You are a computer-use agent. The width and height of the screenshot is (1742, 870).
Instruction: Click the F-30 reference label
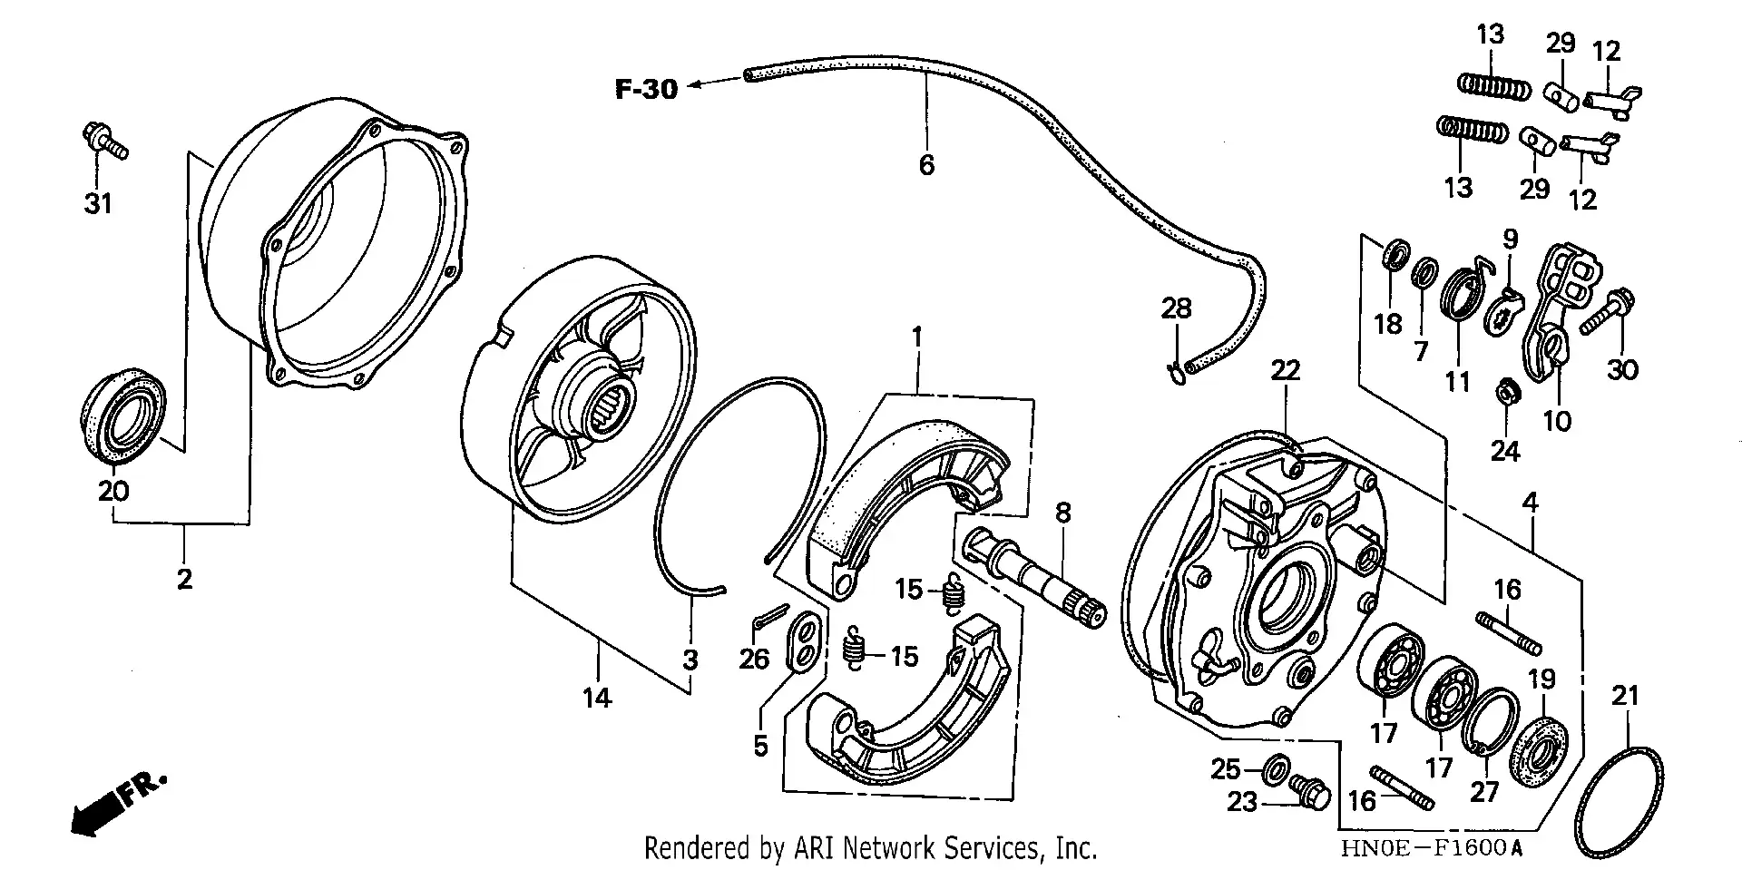646,89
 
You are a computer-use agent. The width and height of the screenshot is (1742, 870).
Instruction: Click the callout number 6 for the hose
926,165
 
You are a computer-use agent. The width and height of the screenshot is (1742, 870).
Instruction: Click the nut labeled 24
1505,393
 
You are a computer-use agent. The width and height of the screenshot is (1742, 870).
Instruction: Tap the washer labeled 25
1275,769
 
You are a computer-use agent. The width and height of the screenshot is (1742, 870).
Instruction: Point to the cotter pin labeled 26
768,614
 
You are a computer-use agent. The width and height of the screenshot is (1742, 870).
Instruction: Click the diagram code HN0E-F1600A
1431,848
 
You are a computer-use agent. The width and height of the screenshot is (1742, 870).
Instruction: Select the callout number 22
1285,370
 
